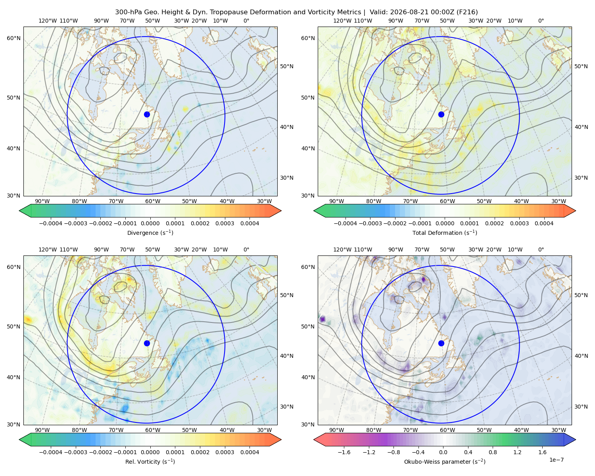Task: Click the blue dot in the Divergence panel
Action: [x=147, y=114]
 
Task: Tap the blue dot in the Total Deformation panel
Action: [x=441, y=114]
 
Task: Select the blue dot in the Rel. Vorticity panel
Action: [x=147, y=343]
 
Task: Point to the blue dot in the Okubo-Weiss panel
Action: [x=441, y=343]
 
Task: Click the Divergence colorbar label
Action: [x=150, y=232]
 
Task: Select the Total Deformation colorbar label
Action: [x=445, y=232]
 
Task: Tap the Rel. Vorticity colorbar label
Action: [x=150, y=461]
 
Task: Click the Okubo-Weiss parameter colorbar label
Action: [x=445, y=461]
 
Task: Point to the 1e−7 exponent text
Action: [x=556, y=460]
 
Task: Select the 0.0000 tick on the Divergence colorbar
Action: [x=150, y=223]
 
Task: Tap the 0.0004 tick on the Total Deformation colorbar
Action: [x=544, y=223]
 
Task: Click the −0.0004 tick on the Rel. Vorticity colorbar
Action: [x=51, y=452]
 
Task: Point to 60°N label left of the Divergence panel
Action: [x=13, y=38]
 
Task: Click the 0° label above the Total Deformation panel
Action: [x=541, y=21]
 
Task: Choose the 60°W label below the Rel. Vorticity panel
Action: [x=153, y=430]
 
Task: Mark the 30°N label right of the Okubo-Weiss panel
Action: [x=581, y=406]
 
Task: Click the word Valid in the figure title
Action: [x=378, y=12]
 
